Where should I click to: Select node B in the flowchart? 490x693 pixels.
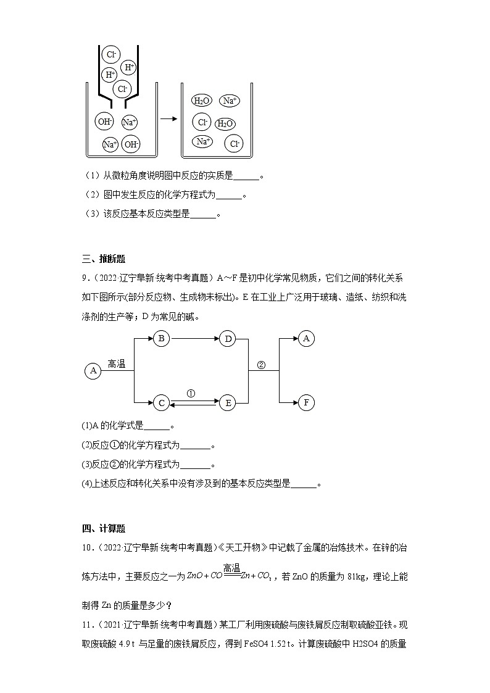161,338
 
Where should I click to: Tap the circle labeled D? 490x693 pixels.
228,338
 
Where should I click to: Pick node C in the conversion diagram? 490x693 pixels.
161,403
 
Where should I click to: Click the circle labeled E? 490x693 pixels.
228,403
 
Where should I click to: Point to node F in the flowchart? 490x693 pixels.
306,403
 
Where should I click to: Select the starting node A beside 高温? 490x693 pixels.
93,371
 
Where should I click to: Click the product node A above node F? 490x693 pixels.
306,338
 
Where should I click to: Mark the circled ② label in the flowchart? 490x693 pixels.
260,365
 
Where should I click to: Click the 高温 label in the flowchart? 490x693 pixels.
117,364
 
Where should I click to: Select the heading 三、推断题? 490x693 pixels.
103,259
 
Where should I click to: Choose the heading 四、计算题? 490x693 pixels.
103,528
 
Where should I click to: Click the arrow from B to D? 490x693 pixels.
194,338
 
